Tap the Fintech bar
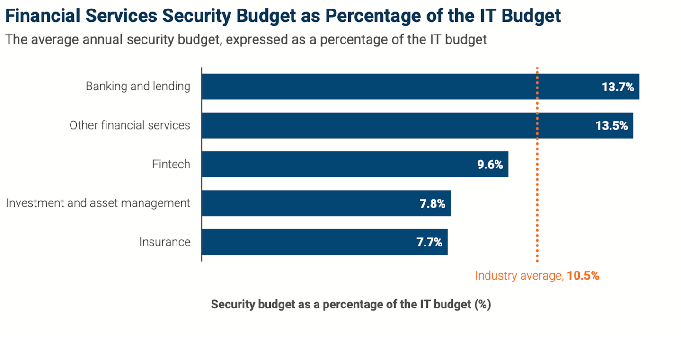point(331,164)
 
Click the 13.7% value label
point(618,87)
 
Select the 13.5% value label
point(611,126)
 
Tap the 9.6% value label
point(490,165)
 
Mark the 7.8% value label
point(433,203)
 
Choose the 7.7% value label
point(429,242)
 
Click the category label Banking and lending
point(138,87)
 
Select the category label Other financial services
point(130,125)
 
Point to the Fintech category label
point(171,164)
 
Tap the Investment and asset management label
point(98,203)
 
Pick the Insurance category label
point(165,242)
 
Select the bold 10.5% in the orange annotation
point(583,276)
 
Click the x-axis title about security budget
point(351,304)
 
